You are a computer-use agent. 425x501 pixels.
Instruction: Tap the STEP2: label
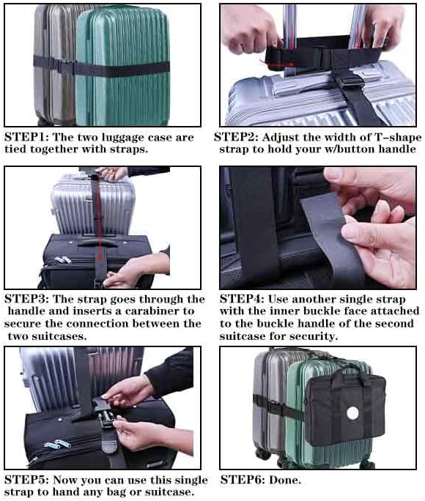click(235, 137)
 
